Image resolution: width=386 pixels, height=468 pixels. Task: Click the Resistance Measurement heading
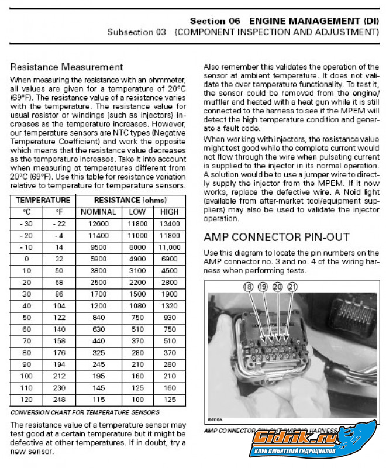[x=67, y=67]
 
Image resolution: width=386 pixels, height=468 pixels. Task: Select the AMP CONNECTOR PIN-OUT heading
[x=276, y=237]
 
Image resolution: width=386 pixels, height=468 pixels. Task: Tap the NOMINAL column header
[x=98, y=212]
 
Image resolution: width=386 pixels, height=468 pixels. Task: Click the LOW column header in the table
[x=138, y=212]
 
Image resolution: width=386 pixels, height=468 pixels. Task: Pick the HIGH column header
[x=169, y=212]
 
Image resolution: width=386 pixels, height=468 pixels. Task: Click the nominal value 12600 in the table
[x=98, y=224]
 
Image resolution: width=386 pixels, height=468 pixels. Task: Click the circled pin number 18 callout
[x=248, y=287]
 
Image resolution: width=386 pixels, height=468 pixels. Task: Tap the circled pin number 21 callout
[x=292, y=287]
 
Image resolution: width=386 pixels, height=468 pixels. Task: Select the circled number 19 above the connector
[x=263, y=287]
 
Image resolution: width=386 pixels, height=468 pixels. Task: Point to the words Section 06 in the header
[x=215, y=20]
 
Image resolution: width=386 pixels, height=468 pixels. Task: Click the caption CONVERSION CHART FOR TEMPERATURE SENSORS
[x=85, y=412]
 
